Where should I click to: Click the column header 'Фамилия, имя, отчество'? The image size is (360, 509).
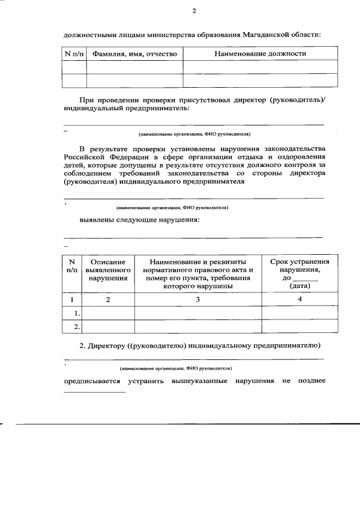click(134, 54)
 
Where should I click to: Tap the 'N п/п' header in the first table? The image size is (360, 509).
click(74, 54)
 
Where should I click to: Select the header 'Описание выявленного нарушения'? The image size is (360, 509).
click(108, 270)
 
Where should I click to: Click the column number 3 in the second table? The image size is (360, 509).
click(198, 300)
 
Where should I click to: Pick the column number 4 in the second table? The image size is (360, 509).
click(299, 299)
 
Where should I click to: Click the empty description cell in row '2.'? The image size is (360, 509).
click(108, 326)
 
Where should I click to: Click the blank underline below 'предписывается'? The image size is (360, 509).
click(94, 392)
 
